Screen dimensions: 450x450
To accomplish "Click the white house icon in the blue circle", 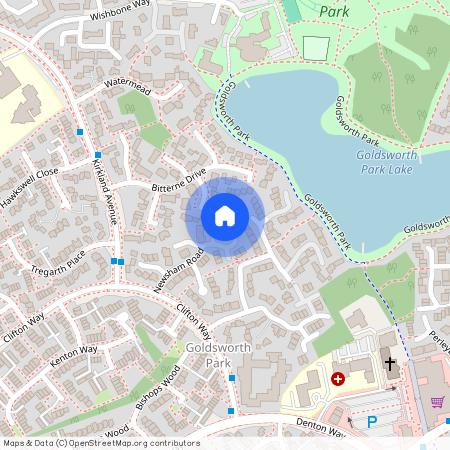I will pyautogui.click(x=225, y=216).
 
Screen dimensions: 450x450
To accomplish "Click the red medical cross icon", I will pyautogui.click(x=338, y=379).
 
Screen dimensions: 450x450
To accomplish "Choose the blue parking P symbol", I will pyautogui.click(x=372, y=423).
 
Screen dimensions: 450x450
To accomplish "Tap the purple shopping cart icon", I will pyautogui.click(x=437, y=401).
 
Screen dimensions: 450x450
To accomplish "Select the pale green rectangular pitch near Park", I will pyautogui.click(x=315, y=47).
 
